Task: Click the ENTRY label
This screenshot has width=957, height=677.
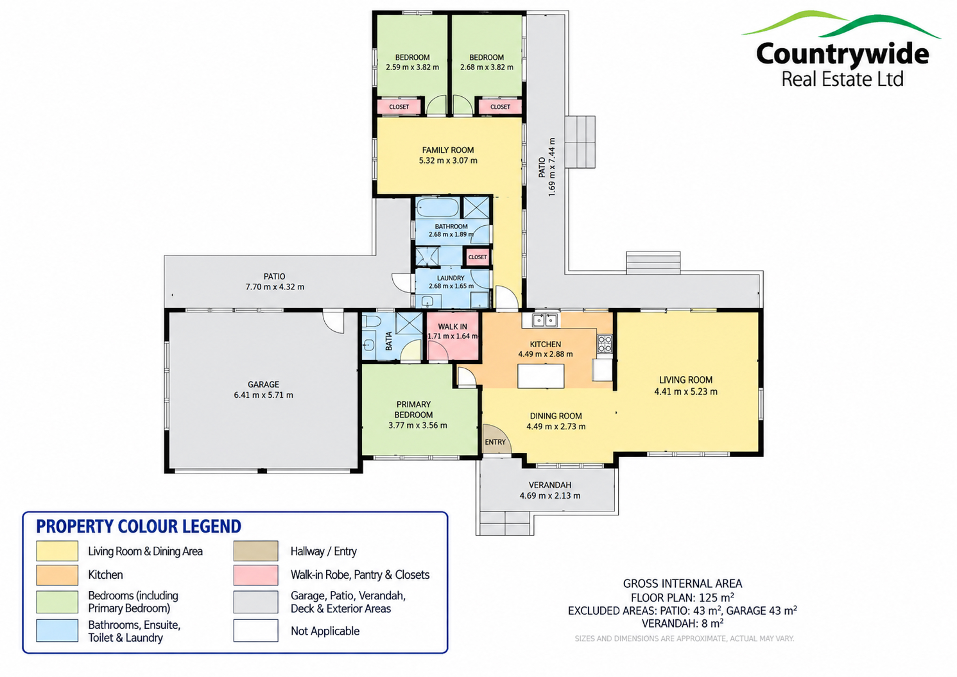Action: pyautogui.click(x=495, y=442)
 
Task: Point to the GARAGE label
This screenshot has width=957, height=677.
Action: pyautogui.click(x=263, y=384)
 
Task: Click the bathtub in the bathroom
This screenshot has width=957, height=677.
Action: pyautogui.click(x=438, y=208)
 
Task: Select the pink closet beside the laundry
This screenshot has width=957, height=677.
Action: pyautogui.click(x=477, y=257)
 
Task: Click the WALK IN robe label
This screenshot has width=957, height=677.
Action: pyautogui.click(x=452, y=327)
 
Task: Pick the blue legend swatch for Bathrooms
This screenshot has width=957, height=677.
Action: pyautogui.click(x=57, y=630)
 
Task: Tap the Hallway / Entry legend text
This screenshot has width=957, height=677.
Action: pyautogui.click(x=323, y=551)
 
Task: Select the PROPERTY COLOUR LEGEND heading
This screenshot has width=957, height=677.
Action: pyautogui.click(x=139, y=527)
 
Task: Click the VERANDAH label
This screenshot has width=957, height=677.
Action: pyautogui.click(x=550, y=485)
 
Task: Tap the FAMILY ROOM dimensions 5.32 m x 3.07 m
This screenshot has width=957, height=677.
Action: pyautogui.click(x=448, y=161)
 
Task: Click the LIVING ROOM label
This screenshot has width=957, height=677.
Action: pyautogui.click(x=686, y=380)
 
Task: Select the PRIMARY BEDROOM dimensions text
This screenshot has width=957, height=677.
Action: pyautogui.click(x=418, y=425)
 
